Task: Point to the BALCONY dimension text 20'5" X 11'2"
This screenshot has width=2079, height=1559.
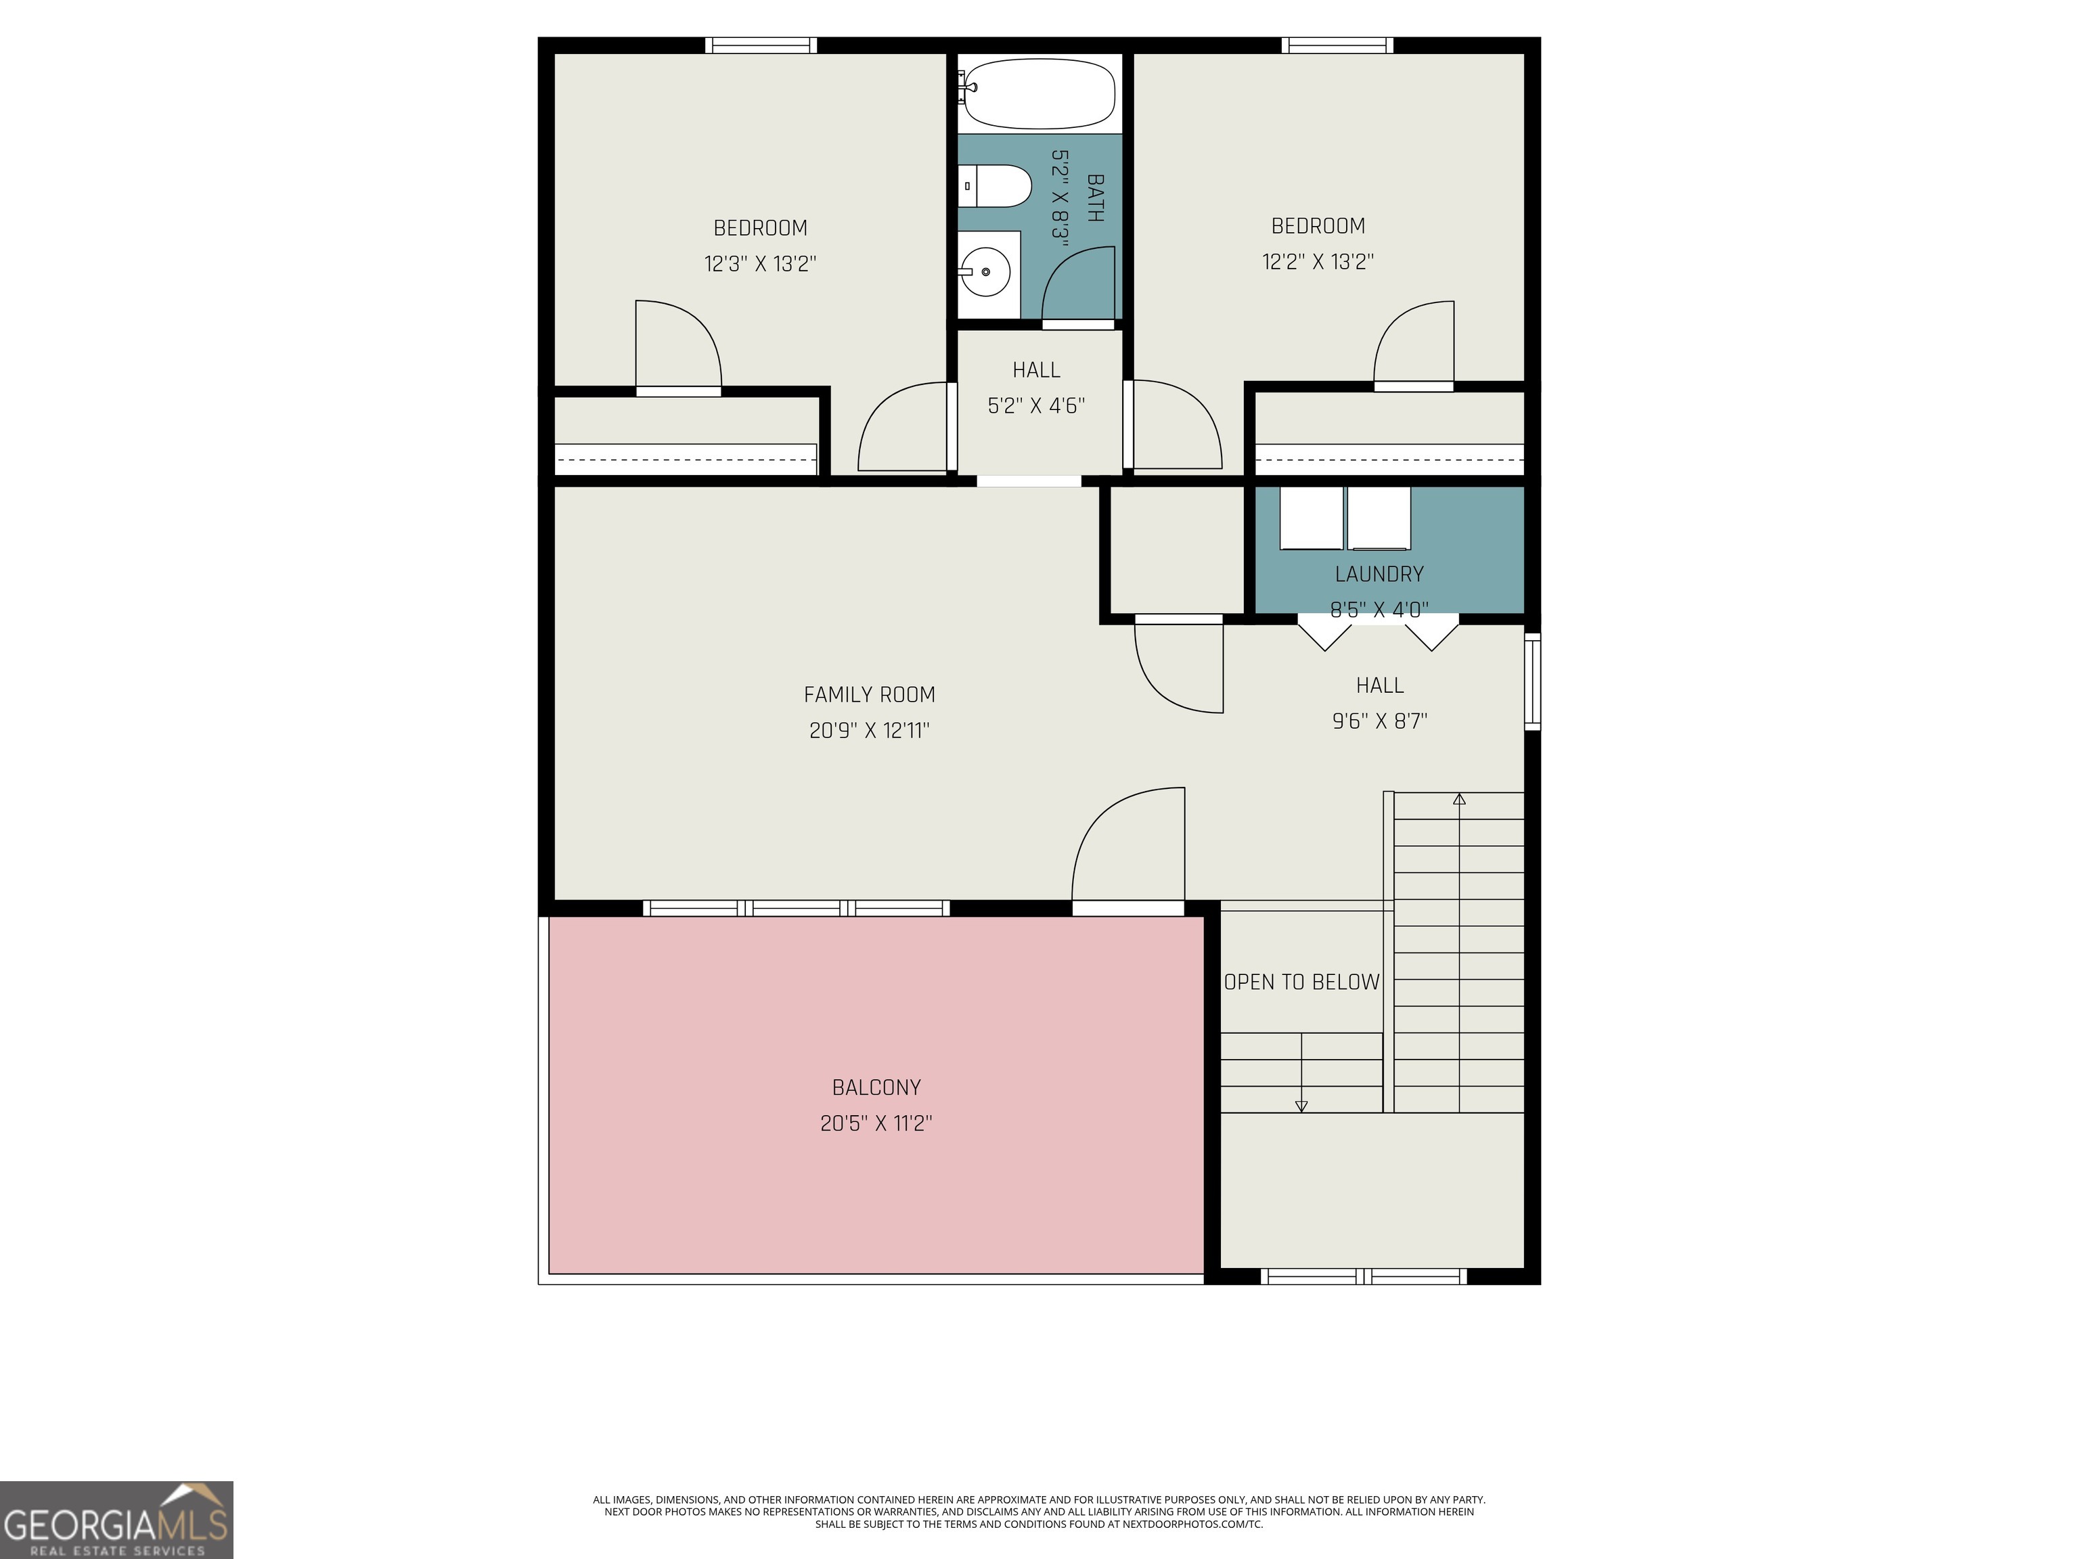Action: point(876,1123)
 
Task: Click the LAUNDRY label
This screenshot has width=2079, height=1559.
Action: point(1379,574)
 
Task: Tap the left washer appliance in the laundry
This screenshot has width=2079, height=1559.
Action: point(1311,518)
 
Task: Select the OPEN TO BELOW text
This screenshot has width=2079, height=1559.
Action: point(1301,982)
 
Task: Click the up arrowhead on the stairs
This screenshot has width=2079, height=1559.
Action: point(1458,800)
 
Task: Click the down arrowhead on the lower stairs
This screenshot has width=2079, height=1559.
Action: point(1301,1106)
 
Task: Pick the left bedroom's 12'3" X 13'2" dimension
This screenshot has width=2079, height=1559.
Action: point(761,264)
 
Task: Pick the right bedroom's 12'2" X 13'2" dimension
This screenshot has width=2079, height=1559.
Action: point(1318,262)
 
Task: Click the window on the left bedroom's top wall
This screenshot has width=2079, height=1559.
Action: point(761,45)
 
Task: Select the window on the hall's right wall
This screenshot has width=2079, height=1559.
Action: point(1532,681)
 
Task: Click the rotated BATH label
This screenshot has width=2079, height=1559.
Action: point(1095,198)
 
